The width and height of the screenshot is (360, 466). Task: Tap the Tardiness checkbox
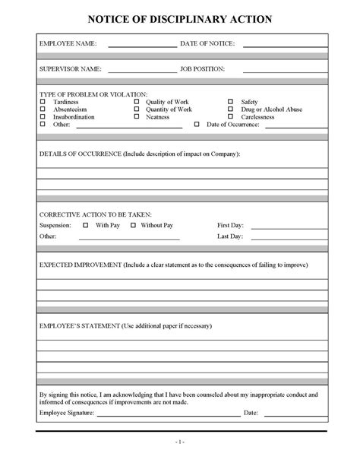click(x=43, y=102)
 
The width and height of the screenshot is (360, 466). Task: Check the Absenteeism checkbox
click(x=43, y=109)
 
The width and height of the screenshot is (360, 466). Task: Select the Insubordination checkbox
click(x=43, y=117)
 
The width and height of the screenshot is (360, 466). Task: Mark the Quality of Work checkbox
click(x=137, y=102)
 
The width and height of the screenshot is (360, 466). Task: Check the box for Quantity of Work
click(x=137, y=109)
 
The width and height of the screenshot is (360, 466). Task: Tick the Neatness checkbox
click(x=137, y=117)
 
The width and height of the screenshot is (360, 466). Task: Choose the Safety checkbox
click(x=231, y=102)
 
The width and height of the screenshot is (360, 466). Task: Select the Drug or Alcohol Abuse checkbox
click(x=231, y=109)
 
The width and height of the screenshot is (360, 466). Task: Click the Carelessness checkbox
click(x=231, y=117)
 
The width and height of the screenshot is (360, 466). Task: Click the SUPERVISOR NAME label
click(x=70, y=69)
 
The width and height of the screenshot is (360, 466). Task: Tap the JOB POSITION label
click(x=202, y=69)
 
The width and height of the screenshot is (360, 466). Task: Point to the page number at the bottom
click(x=181, y=442)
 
